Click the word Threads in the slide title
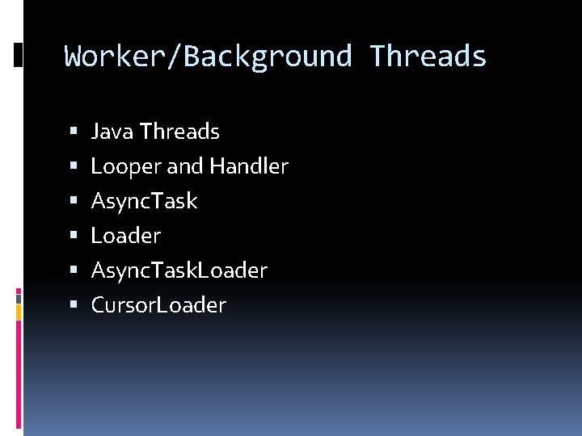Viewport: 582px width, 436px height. [428, 57]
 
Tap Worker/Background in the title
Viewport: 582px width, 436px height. [209, 57]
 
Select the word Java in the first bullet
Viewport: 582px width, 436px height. [112, 131]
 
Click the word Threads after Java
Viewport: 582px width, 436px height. [179, 131]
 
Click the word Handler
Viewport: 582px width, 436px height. [248, 166]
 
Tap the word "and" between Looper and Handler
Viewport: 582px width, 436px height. [185, 166]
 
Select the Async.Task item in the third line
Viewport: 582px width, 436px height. [144, 201]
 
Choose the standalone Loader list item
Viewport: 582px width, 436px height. [126, 236]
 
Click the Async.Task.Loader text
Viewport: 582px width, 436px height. [179, 270]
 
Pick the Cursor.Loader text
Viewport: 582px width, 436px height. [158, 305]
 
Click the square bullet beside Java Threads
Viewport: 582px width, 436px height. [74, 130]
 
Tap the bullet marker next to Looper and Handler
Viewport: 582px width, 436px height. [74, 166]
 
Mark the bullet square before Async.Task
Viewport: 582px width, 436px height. [74, 200]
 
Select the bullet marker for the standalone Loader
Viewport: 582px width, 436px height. [74, 235]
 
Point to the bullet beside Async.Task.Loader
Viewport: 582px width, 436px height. [74, 270]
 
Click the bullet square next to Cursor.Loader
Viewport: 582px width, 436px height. [74, 304]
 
